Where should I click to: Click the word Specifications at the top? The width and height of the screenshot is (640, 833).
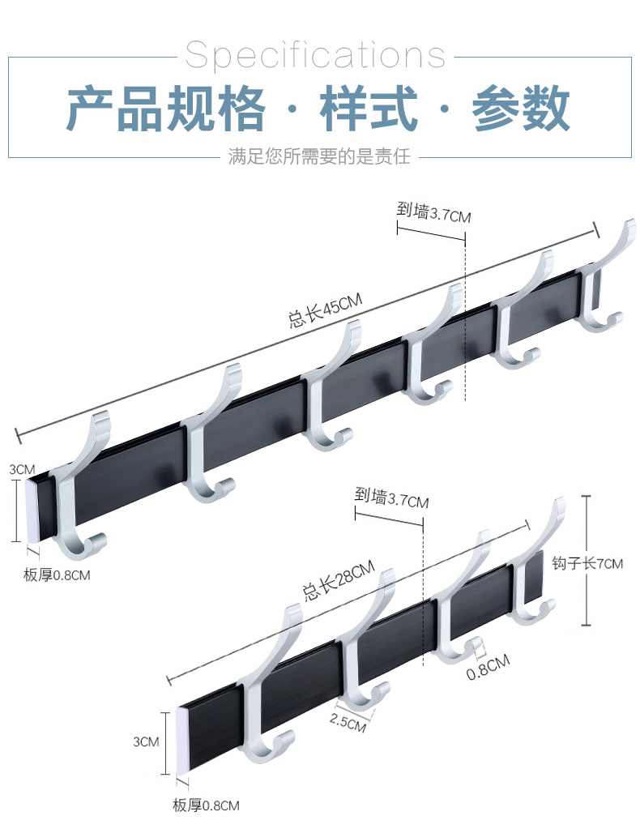pyautogui.click(x=315, y=55)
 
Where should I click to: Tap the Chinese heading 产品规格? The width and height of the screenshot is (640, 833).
pyautogui.click(x=165, y=109)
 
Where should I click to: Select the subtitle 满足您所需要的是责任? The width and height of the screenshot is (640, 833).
pyautogui.click(x=319, y=156)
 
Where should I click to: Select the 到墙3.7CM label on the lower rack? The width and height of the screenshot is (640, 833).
pyautogui.click(x=391, y=499)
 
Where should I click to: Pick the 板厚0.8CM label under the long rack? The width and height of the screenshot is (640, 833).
pyautogui.click(x=57, y=576)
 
